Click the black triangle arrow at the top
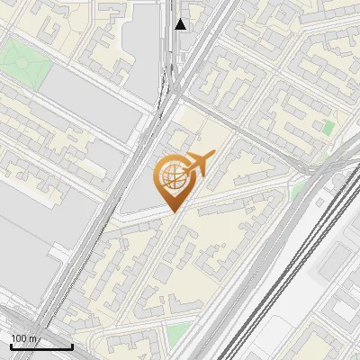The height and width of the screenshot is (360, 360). (182, 24)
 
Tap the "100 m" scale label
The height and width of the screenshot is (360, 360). (23, 338)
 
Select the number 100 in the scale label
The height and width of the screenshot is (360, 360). (19, 338)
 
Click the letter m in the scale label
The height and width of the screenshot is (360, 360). (32, 338)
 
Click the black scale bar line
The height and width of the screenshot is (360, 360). (41, 346)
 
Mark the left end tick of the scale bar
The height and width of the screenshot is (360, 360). (11, 345)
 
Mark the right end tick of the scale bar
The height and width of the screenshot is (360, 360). (72, 345)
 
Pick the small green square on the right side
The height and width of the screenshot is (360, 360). (328, 129)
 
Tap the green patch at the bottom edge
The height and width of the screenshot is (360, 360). (180, 335)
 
